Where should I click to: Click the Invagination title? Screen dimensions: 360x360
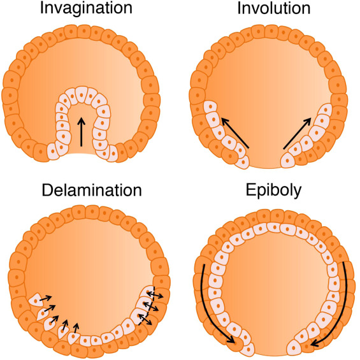[x=86, y=9]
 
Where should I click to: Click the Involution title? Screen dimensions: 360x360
[x=274, y=8]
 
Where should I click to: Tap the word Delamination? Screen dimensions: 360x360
[x=92, y=191]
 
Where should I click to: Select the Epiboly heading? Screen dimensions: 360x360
[x=274, y=191]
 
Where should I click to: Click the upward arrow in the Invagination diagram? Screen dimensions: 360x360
[x=81, y=131]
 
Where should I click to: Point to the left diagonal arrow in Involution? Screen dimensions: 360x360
[x=235, y=133]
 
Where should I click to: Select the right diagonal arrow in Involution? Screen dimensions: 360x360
[x=298, y=133]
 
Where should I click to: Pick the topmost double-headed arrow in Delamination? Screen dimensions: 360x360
[x=155, y=294]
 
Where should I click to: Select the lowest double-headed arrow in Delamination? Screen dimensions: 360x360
[x=145, y=320]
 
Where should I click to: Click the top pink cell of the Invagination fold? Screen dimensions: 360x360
[x=82, y=94]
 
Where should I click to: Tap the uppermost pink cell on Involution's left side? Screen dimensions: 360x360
[x=210, y=107]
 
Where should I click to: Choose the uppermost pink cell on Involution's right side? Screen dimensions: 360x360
[x=325, y=110]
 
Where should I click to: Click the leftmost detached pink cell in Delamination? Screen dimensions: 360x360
[x=36, y=300]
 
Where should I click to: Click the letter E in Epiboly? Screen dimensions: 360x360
[x=250, y=190]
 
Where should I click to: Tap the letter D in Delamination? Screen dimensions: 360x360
[x=47, y=191]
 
